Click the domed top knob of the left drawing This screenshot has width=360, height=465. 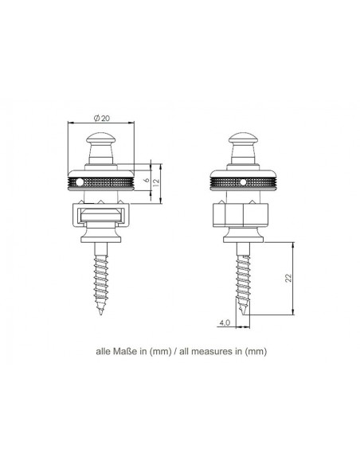[x=101, y=144]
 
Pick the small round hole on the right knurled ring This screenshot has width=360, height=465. [x=241, y=182]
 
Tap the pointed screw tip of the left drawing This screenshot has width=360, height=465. [x=102, y=315]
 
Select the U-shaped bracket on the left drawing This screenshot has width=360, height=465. [x=101, y=217]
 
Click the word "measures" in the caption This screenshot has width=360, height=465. [x=209, y=350]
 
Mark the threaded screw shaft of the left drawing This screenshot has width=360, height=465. [x=102, y=279]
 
